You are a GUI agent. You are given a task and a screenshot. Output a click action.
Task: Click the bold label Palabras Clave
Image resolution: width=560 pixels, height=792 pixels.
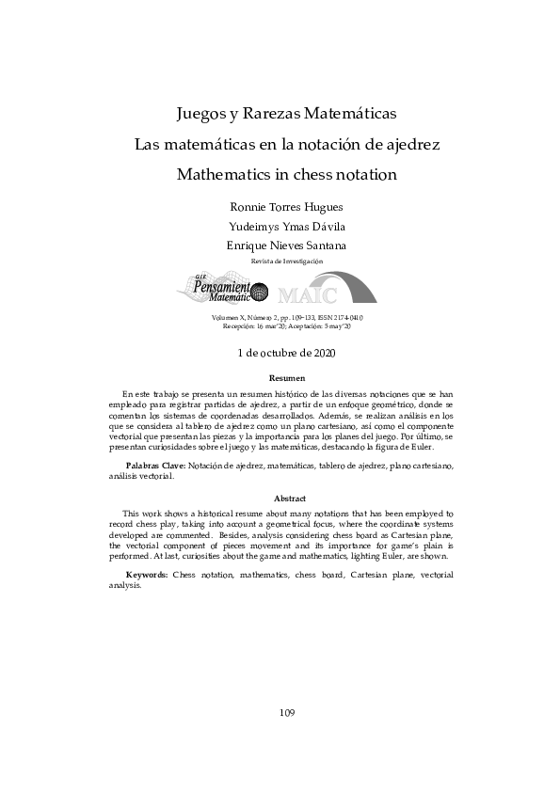coord(155,467)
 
